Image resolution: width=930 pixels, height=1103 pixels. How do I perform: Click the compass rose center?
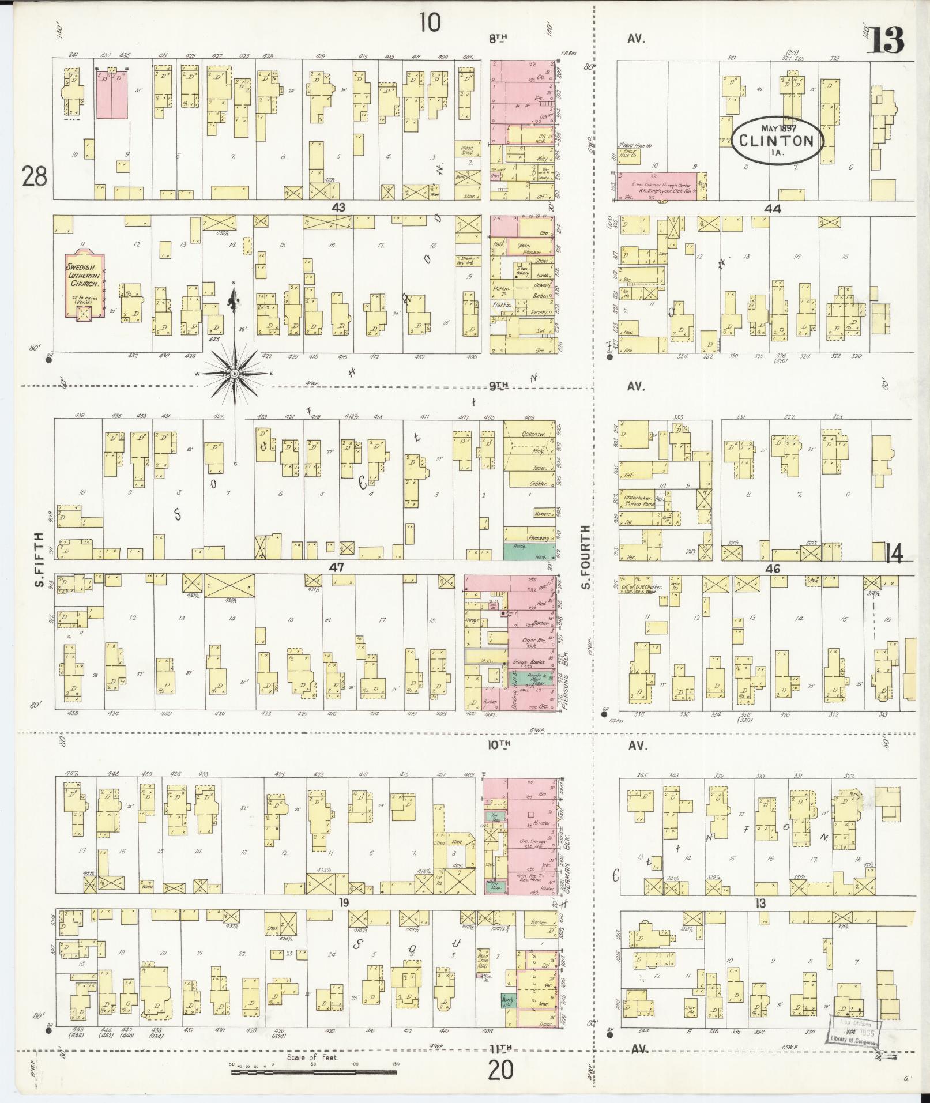235,374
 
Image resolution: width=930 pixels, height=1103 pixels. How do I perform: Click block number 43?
338,207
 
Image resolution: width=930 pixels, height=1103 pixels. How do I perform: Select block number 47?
336,567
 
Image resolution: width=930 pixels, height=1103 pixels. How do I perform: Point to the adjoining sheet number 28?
35,176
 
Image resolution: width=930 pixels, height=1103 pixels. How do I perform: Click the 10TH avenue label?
500,744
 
